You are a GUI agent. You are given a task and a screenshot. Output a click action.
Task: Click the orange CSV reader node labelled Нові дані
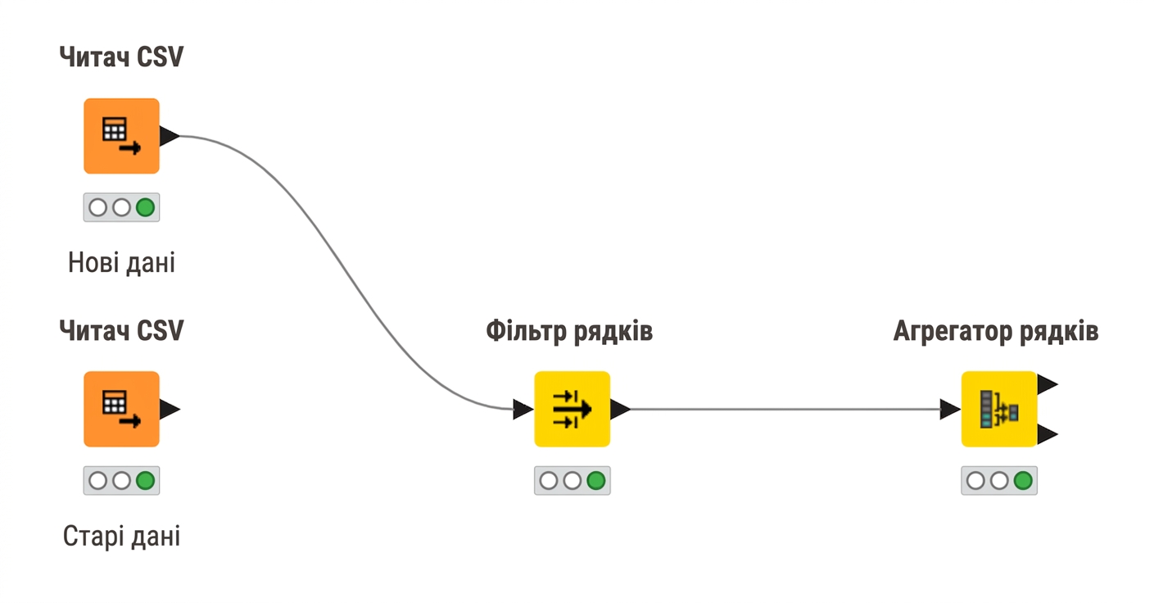click(x=121, y=136)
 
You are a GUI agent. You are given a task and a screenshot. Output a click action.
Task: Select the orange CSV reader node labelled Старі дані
click(x=121, y=409)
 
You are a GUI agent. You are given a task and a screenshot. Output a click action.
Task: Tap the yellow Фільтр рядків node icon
click(x=572, y=409)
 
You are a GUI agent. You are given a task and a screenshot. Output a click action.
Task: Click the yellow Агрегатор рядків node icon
click(x=999, y=409)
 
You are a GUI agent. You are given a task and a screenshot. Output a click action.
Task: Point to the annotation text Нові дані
click(x=121, y=263)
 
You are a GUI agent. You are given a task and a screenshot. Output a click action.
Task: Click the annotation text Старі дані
click(x=121, y=536)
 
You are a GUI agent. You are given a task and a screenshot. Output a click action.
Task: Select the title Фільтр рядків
click(x=569, y=331)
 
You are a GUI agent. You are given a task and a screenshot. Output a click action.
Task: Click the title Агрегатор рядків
click(x=996, y=331)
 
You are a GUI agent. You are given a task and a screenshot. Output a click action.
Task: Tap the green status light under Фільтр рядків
click(x=596, y=481)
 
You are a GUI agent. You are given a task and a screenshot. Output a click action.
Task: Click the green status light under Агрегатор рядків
click(x=1023, y=481)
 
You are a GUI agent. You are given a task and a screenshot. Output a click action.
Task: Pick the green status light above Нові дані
click(x=145, y=208)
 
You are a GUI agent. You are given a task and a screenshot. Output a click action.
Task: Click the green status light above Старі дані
click(x=145, y=481)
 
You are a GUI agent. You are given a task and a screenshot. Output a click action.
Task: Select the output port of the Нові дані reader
click(x=170, y=136)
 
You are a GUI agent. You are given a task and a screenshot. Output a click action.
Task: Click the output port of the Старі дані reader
click(x=170, y=409)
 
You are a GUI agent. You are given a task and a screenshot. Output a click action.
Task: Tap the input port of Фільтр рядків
click(x=523, y=409)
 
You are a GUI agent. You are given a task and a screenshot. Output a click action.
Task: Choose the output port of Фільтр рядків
click(x=620, y=409)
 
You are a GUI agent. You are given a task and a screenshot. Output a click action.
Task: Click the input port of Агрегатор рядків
click(x=950, y=409)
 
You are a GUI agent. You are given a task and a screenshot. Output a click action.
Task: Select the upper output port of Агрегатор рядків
click(x=1048, y=384)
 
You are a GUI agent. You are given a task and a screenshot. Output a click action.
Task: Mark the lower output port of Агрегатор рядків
click(x=1048, y=434)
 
